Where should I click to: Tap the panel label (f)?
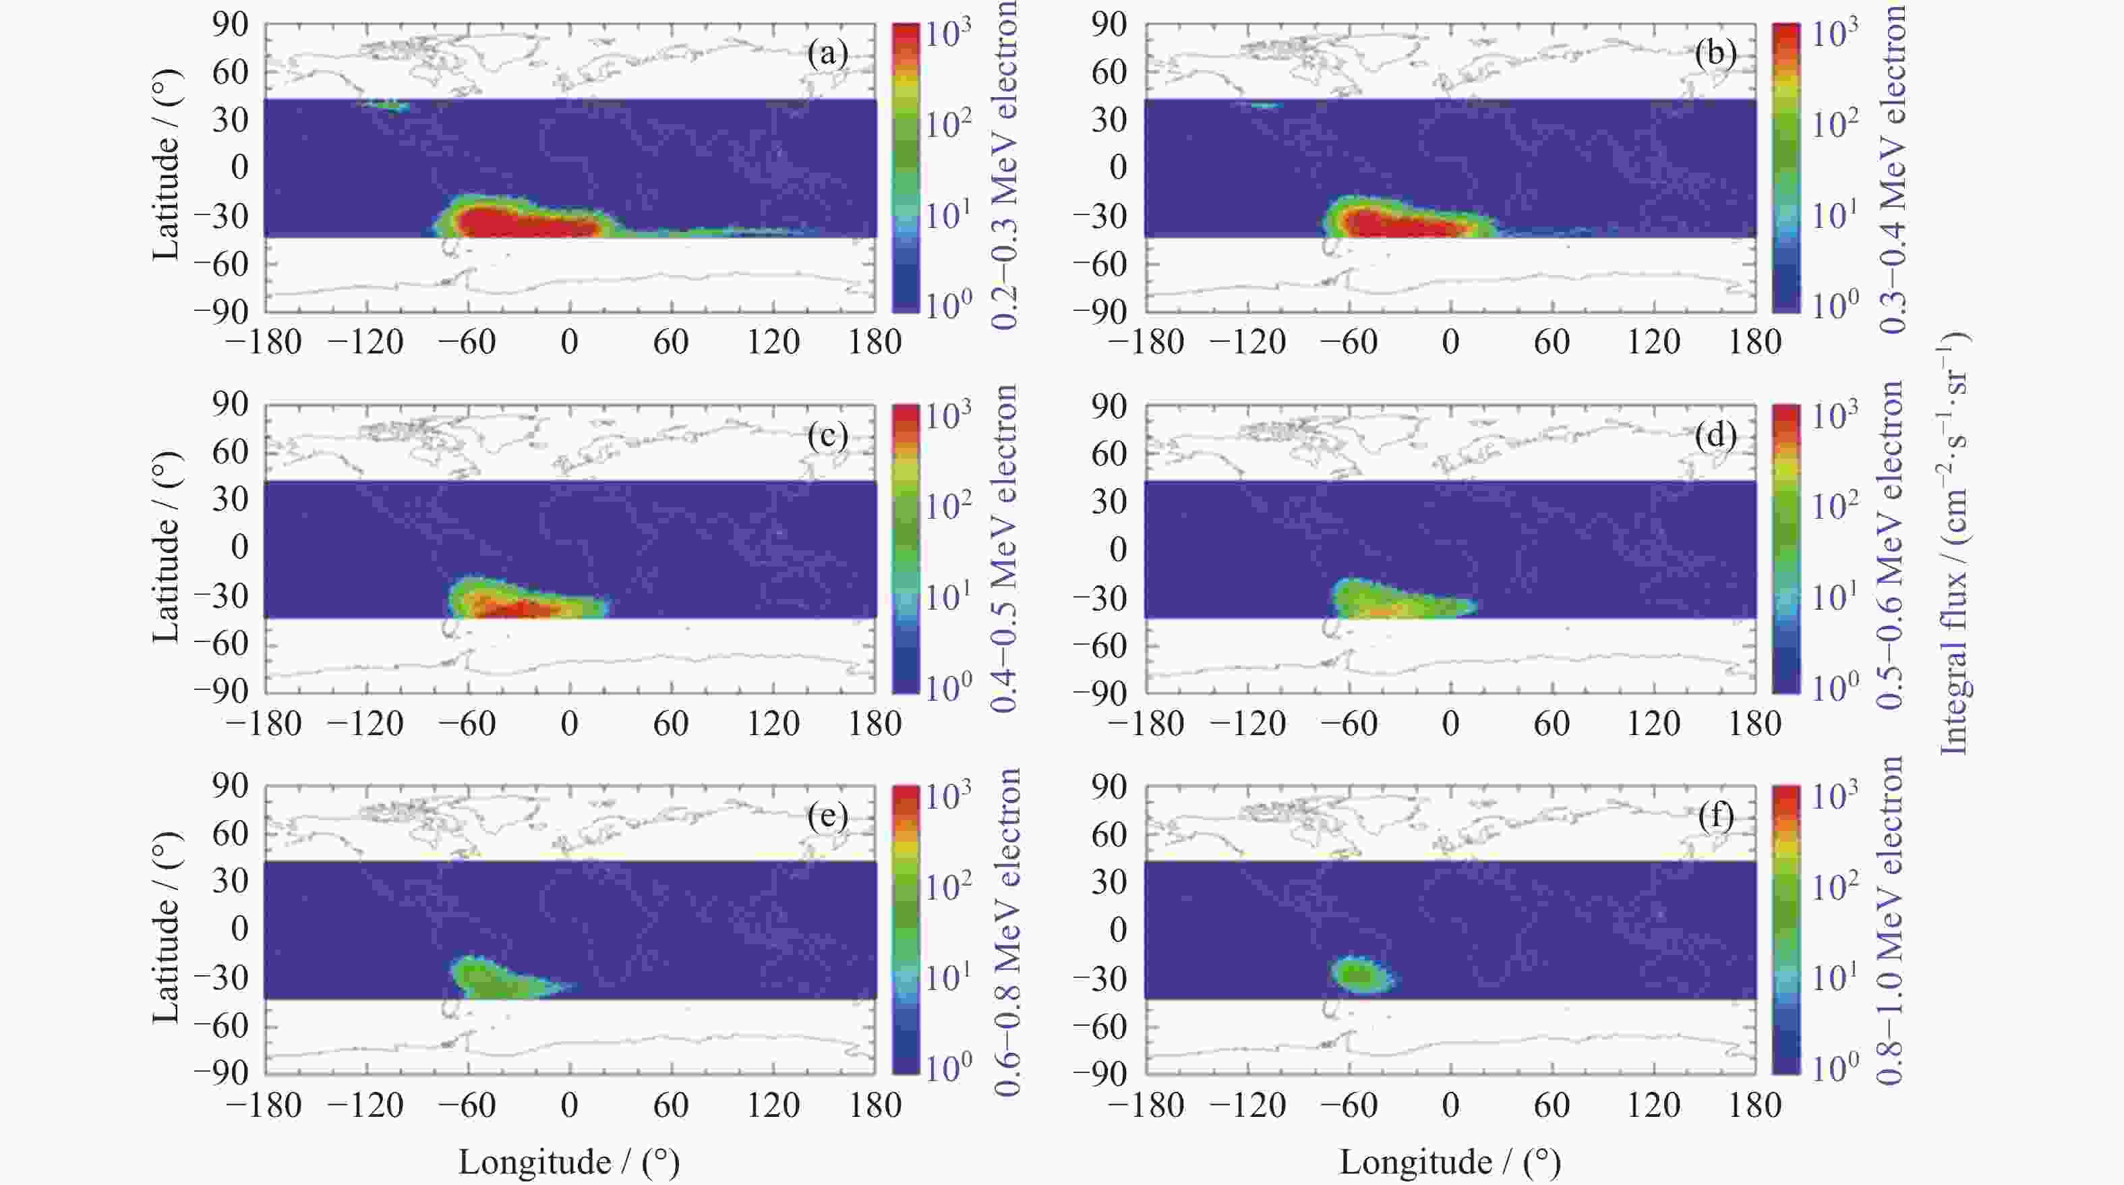click(1715, 815)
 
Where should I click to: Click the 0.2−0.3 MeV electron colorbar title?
click(1004, 165)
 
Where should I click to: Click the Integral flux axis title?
click(1954, 544)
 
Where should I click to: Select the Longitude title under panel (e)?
click(569, 1163)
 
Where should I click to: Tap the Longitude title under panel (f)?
click(1450, 1163)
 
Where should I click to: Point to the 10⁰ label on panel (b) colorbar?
click(1834, 306)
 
